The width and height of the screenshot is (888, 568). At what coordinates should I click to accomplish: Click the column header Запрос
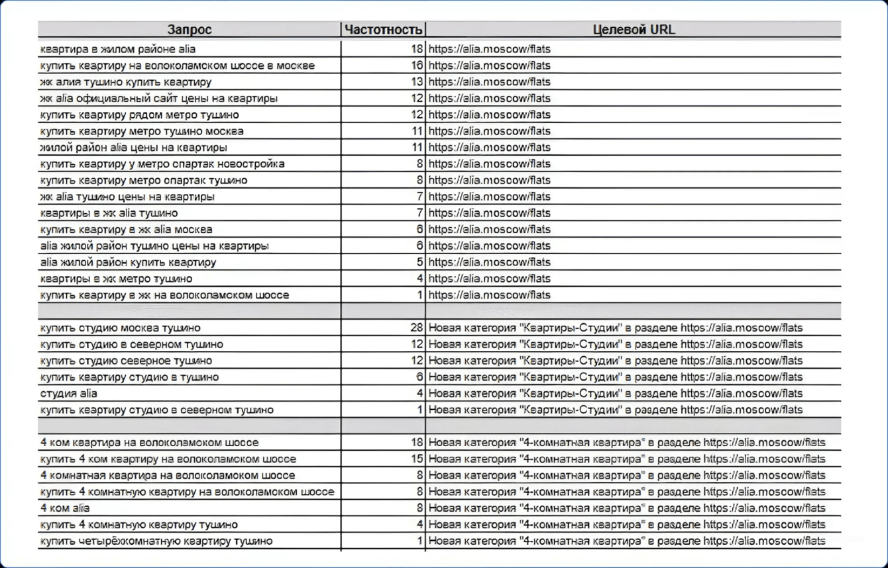tap(190, 30)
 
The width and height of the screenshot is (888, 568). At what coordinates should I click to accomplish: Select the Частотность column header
tap(383, 30)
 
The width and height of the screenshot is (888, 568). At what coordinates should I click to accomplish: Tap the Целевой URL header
tap(634, 30)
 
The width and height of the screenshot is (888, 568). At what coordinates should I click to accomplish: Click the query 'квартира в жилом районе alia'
tap(118, 49)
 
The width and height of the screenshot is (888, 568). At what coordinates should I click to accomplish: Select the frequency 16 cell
tap(416, 66)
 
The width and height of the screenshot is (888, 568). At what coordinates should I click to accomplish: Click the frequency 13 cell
tap(416, 82)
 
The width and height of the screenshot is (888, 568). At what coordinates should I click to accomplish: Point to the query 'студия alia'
tap(69, 393)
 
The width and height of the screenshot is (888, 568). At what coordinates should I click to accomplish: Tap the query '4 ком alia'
tap(65, 508)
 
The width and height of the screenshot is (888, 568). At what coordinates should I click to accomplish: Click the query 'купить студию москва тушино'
tap(120, 328)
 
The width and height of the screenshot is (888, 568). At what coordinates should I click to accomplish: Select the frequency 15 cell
tap(416, 459)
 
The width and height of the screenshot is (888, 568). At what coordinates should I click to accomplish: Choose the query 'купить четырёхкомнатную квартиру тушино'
tap(156, 541)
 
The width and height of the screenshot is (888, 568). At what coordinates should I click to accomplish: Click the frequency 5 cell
tap(419, 262)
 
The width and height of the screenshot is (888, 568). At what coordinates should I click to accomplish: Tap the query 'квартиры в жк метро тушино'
tap(117, 279)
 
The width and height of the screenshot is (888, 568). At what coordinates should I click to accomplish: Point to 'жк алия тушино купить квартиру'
tap(126, 82)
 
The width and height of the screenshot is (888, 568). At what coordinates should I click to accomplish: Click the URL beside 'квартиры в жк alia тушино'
tap(489, 213)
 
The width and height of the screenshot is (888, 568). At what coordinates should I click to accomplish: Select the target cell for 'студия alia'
tap(615, 393)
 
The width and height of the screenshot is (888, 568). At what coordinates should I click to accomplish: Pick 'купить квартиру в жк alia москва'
tap(127, 230)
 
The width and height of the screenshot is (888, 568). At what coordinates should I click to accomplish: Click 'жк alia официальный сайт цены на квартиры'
tap(159, 99)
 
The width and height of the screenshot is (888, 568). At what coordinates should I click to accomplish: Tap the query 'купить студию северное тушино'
tap(127, 361)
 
